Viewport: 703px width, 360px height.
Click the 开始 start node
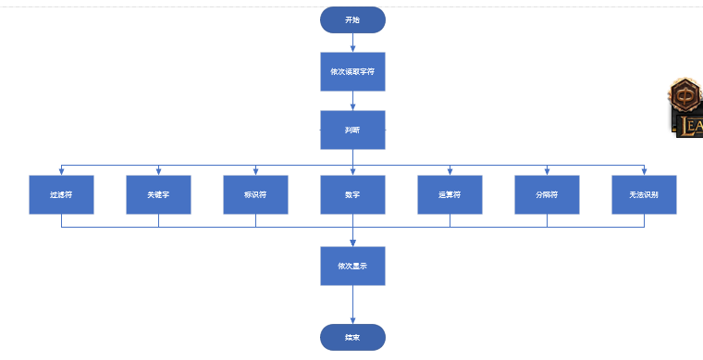352,19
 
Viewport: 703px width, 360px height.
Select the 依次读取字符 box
352,71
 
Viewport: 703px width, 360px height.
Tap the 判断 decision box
352,130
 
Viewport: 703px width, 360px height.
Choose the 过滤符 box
61,194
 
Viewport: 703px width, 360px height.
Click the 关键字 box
158,194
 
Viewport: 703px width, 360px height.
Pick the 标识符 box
255,194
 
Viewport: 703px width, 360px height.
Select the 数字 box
352,194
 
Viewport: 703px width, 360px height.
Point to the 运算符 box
450,194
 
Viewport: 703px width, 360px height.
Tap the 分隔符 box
547,194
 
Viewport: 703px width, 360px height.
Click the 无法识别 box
644,194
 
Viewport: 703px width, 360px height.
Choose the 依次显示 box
352,266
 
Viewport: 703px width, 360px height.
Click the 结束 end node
352,337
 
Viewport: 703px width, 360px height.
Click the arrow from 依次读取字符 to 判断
352,101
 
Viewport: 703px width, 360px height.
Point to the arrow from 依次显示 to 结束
352,304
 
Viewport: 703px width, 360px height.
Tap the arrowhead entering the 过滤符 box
61,171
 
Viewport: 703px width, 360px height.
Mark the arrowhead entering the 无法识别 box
644,171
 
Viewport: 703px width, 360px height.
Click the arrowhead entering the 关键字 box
158,171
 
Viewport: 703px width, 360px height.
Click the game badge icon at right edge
686,107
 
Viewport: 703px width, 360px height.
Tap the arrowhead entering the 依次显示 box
352,242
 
